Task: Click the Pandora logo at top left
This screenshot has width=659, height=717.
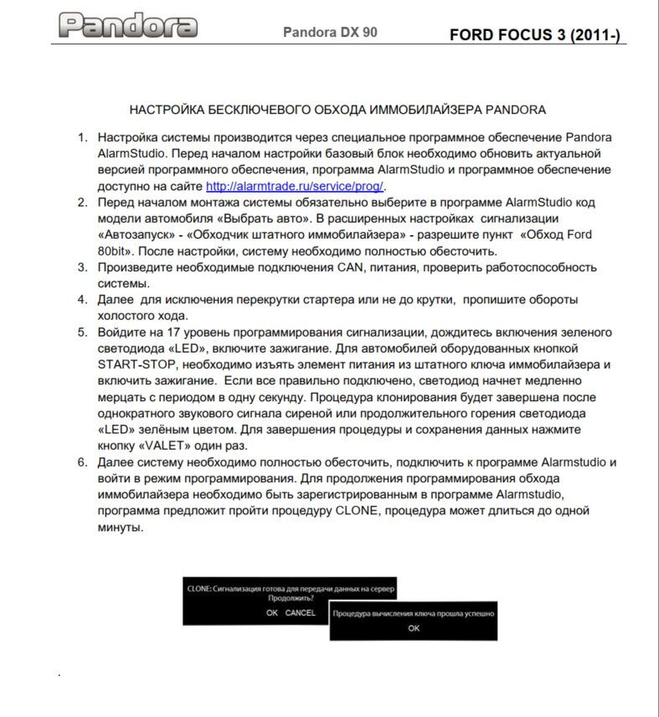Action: coord(129,26)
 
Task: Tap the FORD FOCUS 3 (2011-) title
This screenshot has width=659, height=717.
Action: coord(534,36)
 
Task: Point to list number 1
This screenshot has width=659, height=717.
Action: coord(81,137)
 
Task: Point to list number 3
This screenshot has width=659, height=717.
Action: coord(81,267)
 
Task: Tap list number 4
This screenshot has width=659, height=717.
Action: coord(81,299)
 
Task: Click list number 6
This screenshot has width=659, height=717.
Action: coord(81,462)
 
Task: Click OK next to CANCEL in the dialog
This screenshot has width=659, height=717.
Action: coord(272,612)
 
